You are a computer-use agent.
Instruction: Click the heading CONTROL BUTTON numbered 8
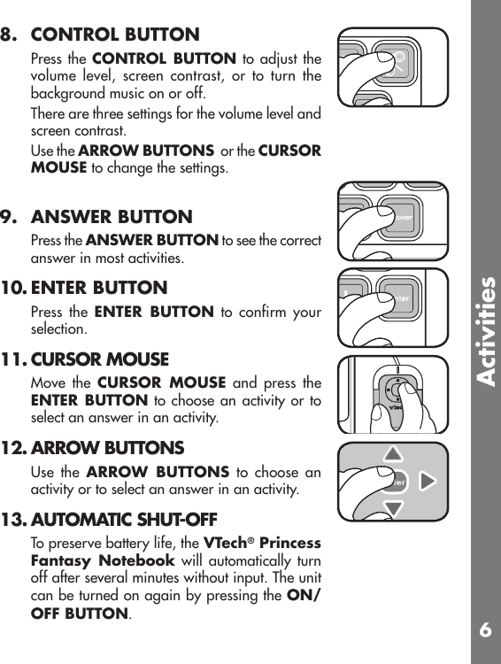(x=115, y=35)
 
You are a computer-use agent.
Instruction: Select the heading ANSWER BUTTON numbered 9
(x=112, y=217)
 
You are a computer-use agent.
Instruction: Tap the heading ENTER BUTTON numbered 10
(x=99, y=288)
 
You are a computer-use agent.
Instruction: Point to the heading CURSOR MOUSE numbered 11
(x=100, y=359)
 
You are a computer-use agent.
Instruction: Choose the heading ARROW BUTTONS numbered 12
(x=107, y=448)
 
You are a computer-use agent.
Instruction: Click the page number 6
(x=485, y=630)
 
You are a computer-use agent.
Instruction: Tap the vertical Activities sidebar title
(x=485, y=331)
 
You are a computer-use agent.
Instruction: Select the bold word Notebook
(x=138, y=560)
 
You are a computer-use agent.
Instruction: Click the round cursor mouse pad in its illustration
(x=395, y=395)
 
